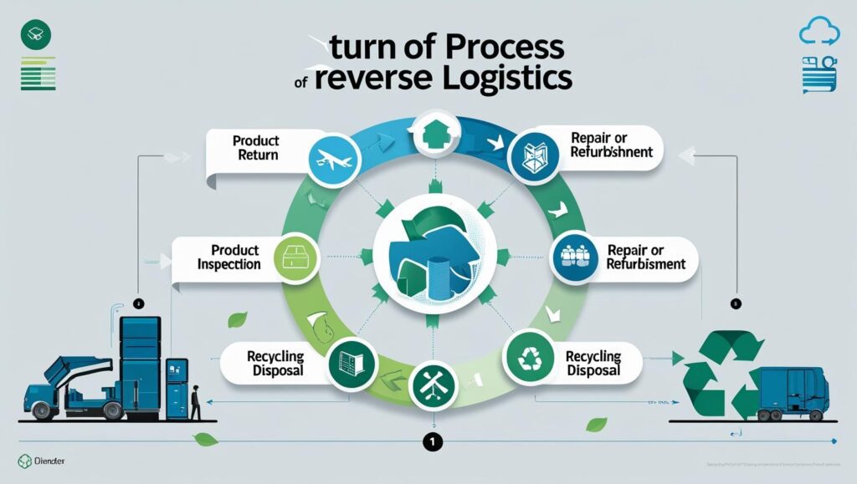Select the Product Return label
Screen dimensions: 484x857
pos(256,148)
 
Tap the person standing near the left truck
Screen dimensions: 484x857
pos(195,402)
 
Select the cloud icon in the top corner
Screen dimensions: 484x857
pos(818,33)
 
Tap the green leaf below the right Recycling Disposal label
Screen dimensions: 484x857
pos(596,425)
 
